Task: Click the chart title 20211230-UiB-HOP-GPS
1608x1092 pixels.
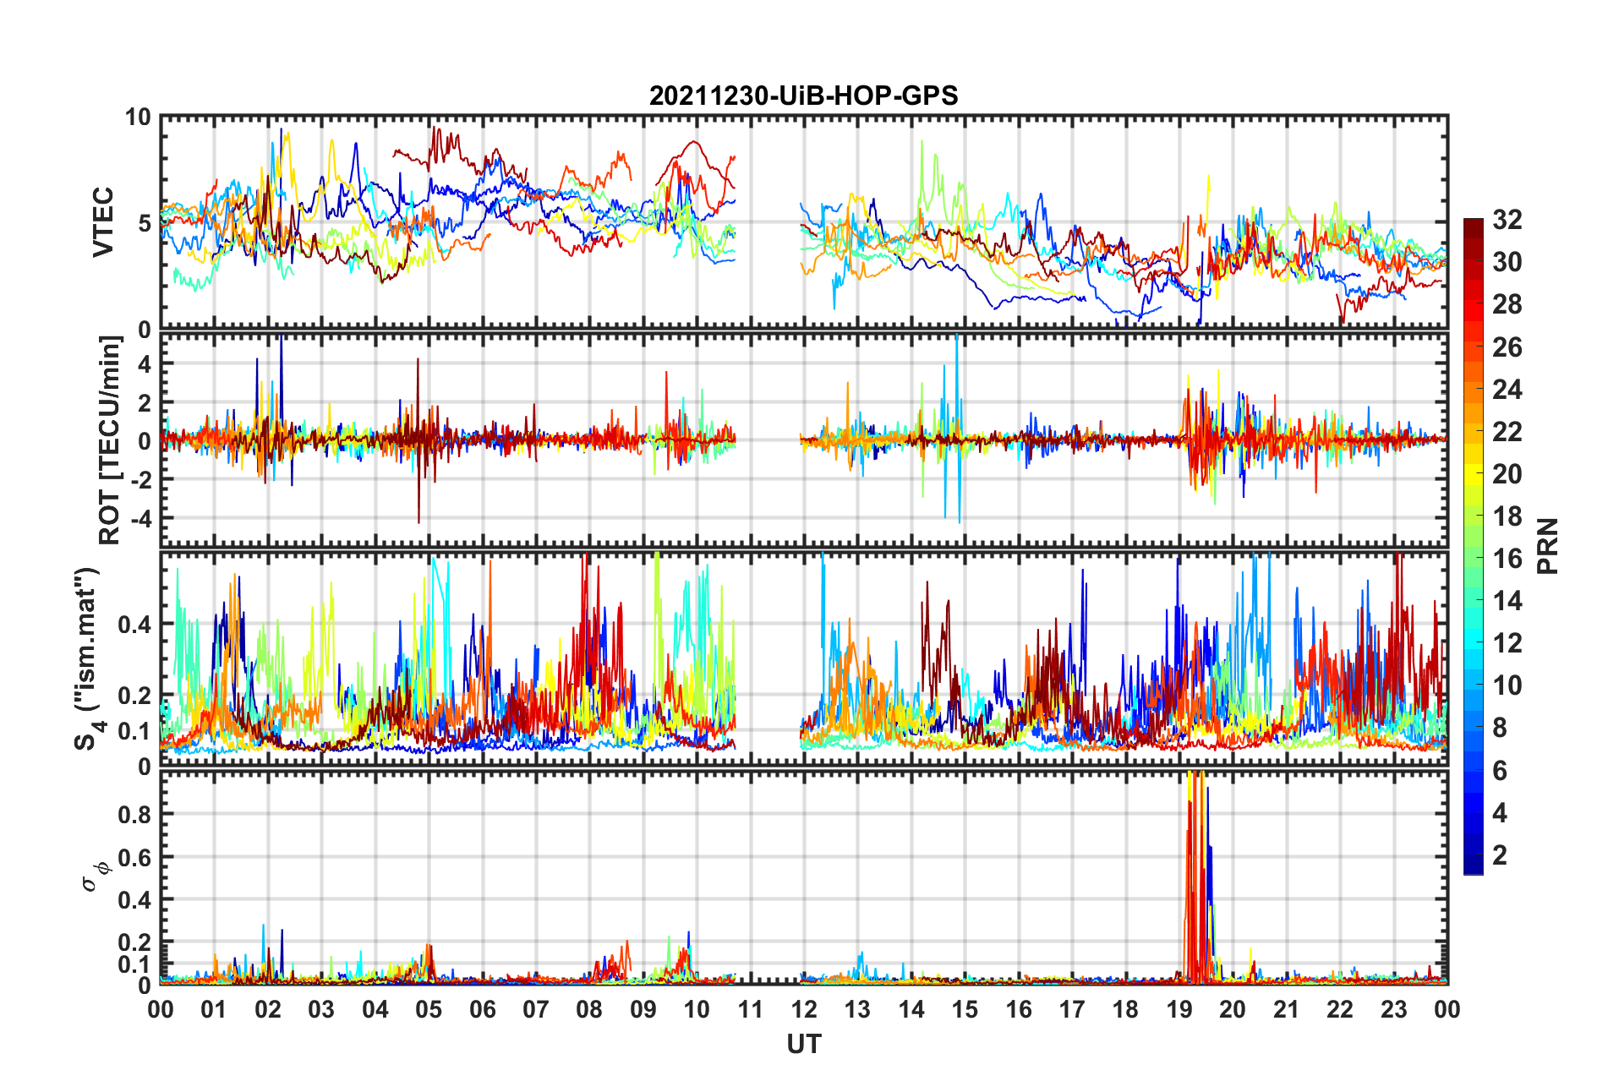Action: (803, 96)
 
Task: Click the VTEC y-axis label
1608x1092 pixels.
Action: (103, 222)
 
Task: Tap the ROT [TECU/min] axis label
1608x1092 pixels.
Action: (110, 440)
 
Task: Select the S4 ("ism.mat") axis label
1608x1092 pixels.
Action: (87, 659)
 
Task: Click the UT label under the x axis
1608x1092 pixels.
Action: (803, 1045)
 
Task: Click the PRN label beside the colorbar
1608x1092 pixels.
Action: (1547, 546)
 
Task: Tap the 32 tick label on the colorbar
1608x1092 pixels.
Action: (1507, 220)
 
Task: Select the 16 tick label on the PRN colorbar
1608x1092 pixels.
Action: (1507, 559)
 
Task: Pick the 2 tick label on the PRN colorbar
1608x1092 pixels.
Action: (1500, 855)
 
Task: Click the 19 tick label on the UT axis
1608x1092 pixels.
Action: (1179, 1010)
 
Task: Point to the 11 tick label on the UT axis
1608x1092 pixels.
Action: (750, 1010)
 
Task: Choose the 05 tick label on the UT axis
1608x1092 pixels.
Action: (429, 1010)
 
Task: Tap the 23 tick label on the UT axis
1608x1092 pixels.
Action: (1393, 1010)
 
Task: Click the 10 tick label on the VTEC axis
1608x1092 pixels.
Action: (138, 117)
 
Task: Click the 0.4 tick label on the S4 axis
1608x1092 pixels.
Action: (134, 625)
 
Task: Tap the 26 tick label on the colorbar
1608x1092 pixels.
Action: (1507, 347)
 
